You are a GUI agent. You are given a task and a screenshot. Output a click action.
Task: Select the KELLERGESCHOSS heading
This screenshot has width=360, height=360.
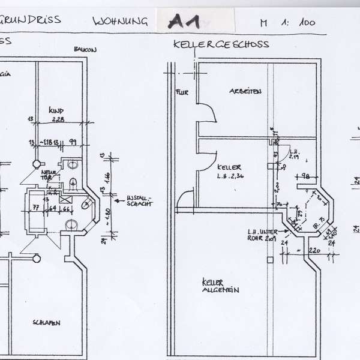click(x=220, y=44)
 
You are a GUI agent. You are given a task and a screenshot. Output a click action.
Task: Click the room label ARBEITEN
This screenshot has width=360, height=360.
click(x=244, y=91)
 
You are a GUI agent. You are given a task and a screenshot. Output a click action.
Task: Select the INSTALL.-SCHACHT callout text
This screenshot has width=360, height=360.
click(x=141, y=199)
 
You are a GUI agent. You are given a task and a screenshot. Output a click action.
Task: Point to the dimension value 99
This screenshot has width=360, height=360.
click(x=72, y=142)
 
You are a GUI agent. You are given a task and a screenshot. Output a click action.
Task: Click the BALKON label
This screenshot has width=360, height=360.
click(x=85, y=49)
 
